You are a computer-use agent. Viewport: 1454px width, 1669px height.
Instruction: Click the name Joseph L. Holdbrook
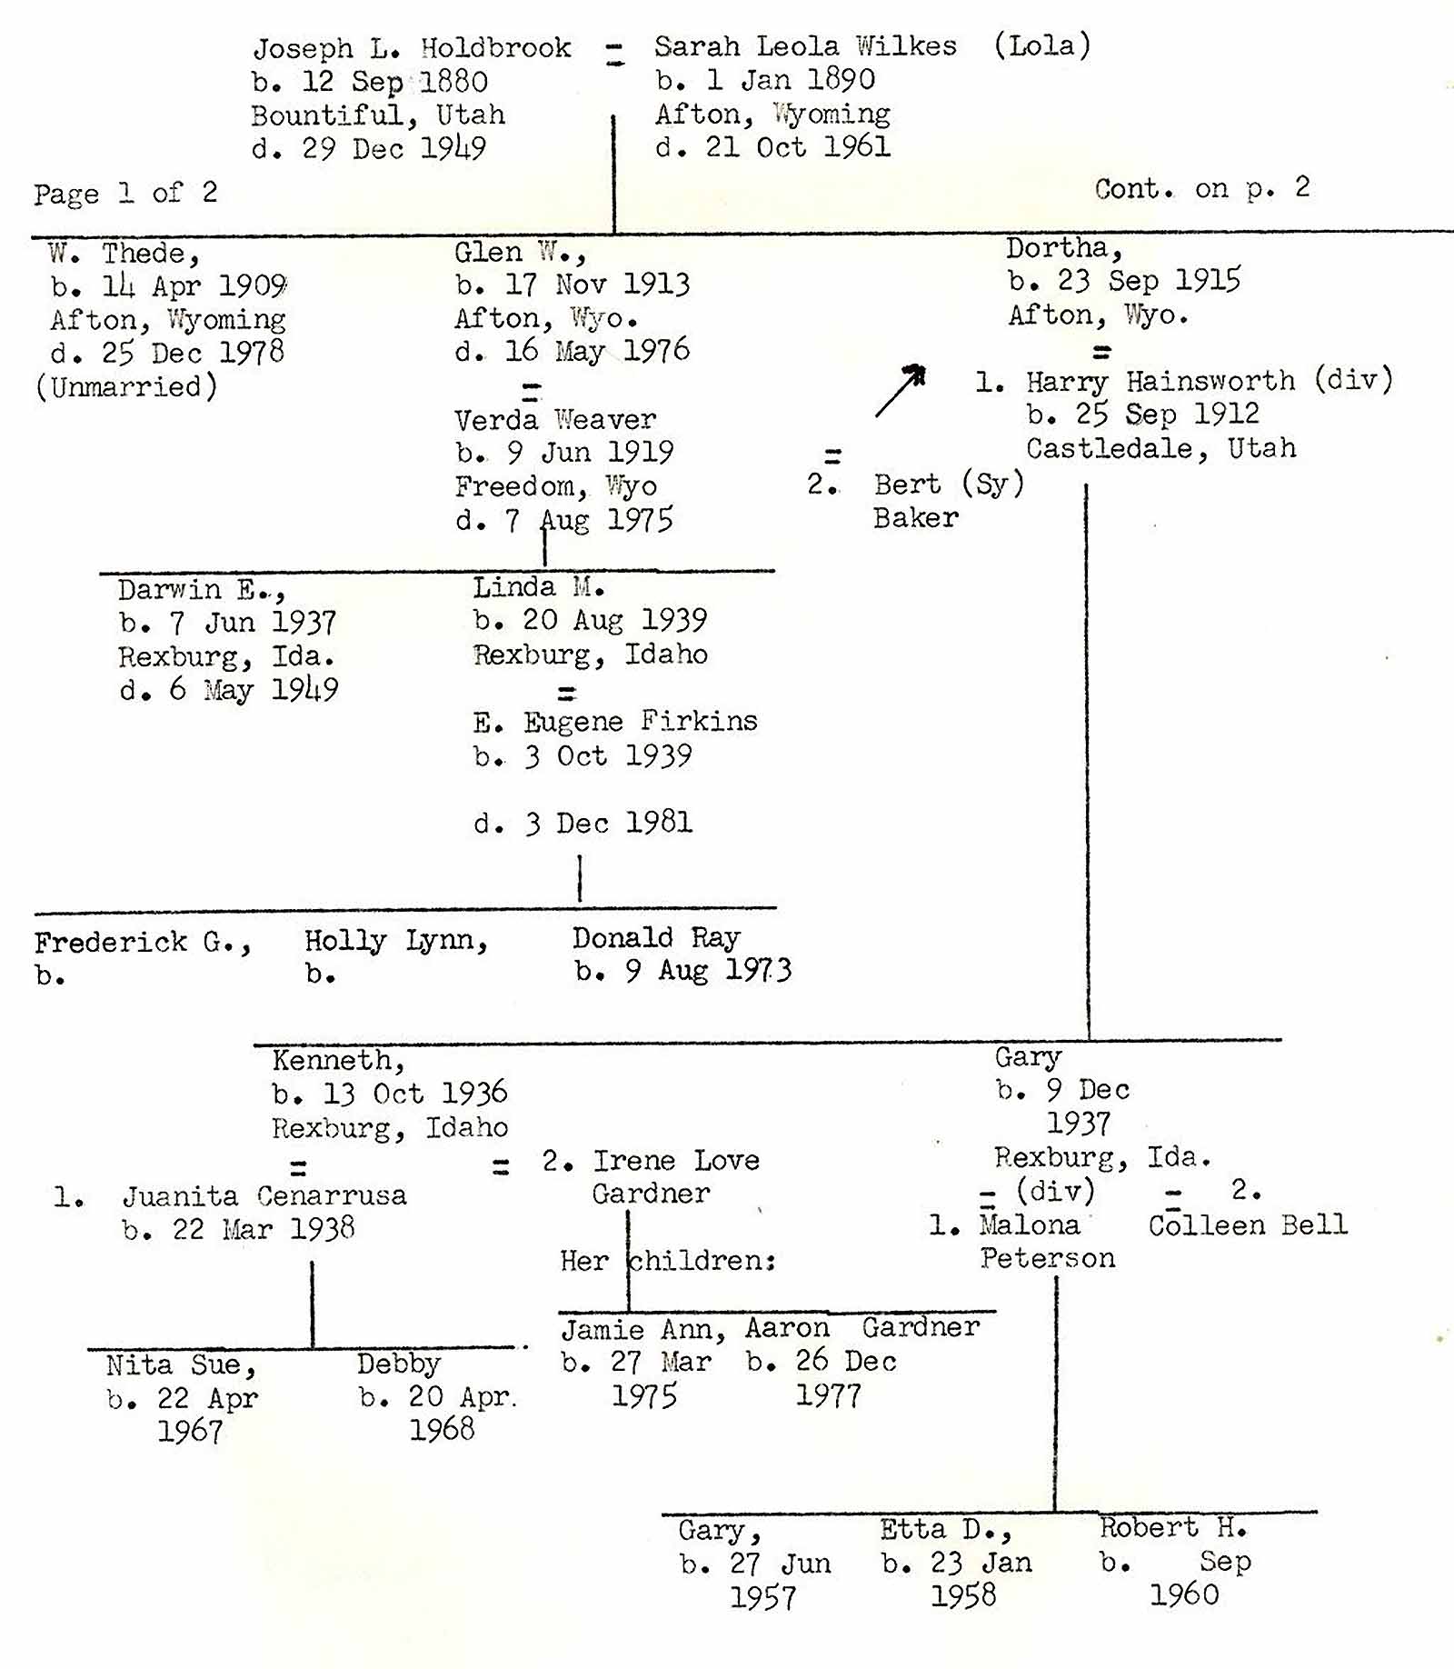click(x=412, y=48)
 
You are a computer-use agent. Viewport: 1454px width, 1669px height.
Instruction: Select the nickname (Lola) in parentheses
click(x=1041, y=45)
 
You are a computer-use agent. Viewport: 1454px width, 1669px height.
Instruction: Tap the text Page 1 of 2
click(x=125, y=193)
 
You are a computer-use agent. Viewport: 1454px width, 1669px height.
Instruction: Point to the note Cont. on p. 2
click(x=1201, y=188)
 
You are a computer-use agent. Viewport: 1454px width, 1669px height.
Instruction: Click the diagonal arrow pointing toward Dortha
click(x=900, y=391)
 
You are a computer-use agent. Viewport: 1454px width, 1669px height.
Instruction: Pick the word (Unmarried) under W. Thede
click(x=126, y=387)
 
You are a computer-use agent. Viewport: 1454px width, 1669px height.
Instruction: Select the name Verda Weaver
click(x=554, y=420)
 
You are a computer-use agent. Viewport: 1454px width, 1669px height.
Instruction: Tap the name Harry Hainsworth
click(x=1160, y=381)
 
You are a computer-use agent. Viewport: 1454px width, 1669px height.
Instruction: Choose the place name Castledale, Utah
click(x=1160, y=448)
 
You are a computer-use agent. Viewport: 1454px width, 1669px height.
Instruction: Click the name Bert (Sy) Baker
click(x=948, y=500)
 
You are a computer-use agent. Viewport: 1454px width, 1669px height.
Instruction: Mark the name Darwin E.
click(x=201, y=590)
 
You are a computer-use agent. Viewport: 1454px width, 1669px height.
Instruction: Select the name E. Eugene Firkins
click(x=615, y=722)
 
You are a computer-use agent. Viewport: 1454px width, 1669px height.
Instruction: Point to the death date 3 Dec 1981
click(x=583, y=824)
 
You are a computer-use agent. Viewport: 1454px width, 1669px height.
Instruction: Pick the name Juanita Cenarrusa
click(x=264, y=1195)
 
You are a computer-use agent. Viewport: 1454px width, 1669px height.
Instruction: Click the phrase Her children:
click(x=668, y=1261)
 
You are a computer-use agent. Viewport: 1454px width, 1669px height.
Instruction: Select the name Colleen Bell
click(x=1247, y=1225)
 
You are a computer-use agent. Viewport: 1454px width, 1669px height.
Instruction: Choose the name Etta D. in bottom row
click(x=945, y=1530)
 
